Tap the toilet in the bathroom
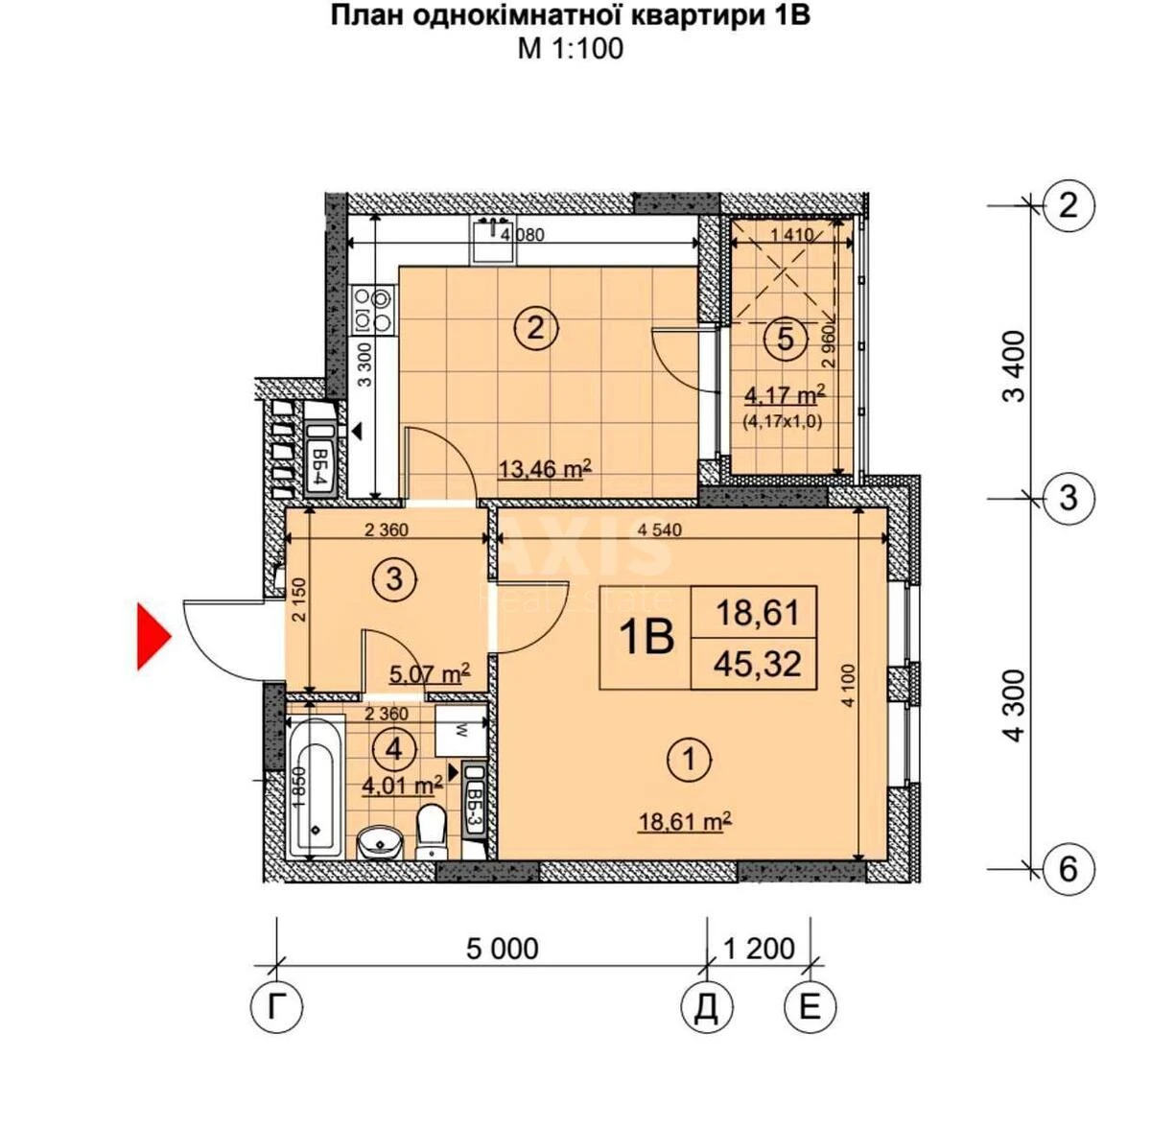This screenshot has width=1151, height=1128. tap(433, 831)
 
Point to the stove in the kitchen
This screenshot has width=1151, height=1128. tap(373, 310)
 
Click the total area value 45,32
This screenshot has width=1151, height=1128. tap(758, 663)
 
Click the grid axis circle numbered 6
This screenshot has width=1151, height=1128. tap(1068, 868)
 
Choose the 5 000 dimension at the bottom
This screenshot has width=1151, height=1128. tap(502, 949)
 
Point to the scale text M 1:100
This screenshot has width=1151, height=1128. tap(570, 48)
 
